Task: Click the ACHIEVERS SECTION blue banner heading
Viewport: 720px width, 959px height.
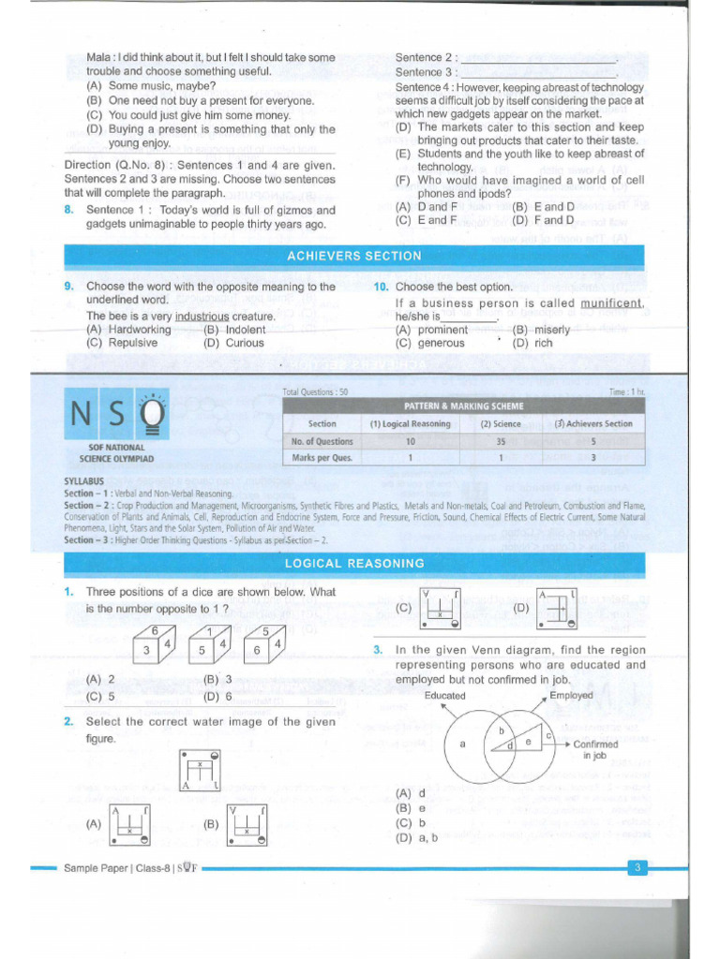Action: point(353,256)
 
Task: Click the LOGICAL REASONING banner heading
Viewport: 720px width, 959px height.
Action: point(353,563)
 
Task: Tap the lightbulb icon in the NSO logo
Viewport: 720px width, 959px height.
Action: point(154,413)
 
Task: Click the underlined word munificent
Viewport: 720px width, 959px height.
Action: point(612,303)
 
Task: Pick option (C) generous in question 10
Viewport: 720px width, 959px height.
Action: point(429,343)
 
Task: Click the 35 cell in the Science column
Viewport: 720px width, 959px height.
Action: point(500,441)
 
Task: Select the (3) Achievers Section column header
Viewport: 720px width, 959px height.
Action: point(592,423)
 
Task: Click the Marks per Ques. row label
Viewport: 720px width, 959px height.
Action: point(322,458)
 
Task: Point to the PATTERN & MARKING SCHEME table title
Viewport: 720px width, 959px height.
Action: point(463,406)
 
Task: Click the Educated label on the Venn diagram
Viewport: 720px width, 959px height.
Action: point(444,696)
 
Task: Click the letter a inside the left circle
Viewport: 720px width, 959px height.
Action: point(462,745)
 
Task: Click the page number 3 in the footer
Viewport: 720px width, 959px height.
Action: point(637,868)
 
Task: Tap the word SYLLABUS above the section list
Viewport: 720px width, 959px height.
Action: point(82,482)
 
